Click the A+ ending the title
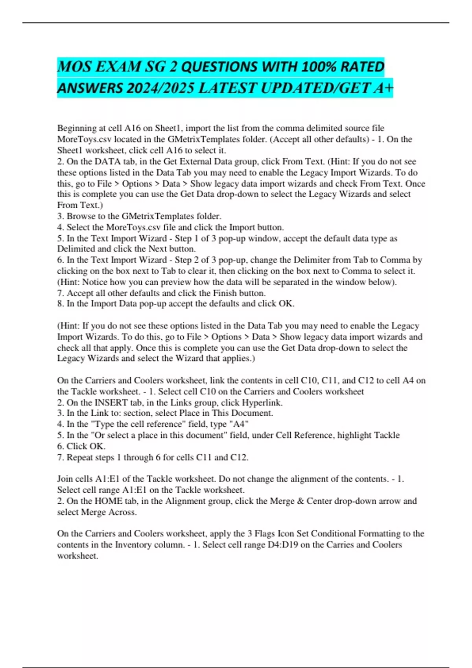pyautogui.click(x=383, y=88)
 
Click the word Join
pyautogui.click(x=65, y=479)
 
